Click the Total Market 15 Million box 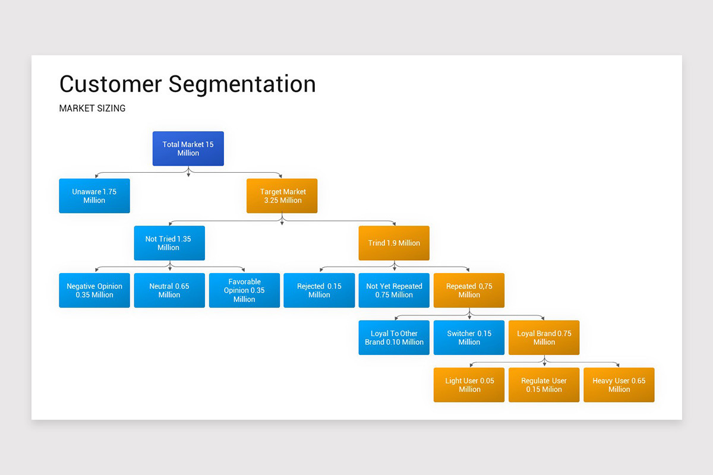point(188,148)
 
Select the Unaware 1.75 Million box point(94,196)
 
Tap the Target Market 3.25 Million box point(282,196)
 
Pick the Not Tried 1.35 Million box point(169,243)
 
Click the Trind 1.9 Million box point(393,243)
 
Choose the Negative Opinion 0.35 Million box point(94,290)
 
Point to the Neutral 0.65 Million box point(169,290)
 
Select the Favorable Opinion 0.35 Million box point(244,290)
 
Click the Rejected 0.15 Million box point(319,290)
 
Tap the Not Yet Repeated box point(393,290)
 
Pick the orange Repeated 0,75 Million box point(469,290)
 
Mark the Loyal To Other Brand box point(393,338)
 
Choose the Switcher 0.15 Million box point(469,338)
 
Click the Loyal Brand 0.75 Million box point(544,338)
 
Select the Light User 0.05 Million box point(469,385)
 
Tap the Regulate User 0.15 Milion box point(544,385)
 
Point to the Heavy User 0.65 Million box point(619,385)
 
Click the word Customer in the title point(111,84)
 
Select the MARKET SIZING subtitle point(92,109)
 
